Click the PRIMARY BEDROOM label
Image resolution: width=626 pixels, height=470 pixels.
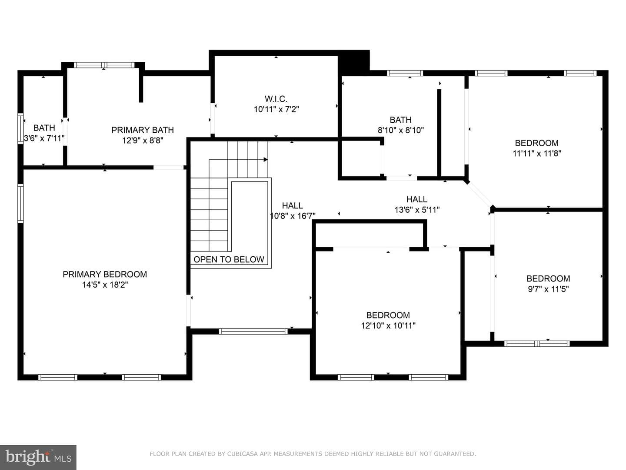pos(105,274)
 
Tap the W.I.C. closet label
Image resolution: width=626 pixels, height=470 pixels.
pos(276,99)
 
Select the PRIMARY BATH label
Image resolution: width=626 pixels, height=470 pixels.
pos(143,130)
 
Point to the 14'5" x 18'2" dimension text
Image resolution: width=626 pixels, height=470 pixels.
pos(105,285)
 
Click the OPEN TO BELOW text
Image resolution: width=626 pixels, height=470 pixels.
pos(229,259)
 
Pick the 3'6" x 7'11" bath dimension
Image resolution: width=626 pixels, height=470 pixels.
pos(44,138)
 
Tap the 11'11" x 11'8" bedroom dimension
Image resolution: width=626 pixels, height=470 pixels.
pos(537,154)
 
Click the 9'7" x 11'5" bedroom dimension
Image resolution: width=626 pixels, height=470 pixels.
pos(548,289)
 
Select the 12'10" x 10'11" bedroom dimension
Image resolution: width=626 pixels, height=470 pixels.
pos(388,326)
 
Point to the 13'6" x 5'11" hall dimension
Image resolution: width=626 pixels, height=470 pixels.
pos(417,210)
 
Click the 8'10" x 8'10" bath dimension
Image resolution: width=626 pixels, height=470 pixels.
pos(401,131)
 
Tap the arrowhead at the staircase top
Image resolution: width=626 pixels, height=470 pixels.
pos(266,160)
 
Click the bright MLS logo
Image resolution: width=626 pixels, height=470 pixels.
pos(38,457)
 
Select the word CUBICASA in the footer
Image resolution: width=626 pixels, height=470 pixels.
pos(243,454)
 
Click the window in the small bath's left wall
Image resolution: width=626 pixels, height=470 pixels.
pos(20,128)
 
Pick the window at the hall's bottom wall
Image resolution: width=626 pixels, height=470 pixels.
pos(253,331)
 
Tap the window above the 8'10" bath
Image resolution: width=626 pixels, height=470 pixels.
pos(405,73)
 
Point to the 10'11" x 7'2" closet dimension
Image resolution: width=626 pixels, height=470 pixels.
pos(276,109)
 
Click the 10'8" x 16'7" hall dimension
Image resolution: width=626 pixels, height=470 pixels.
pos(293,216)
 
